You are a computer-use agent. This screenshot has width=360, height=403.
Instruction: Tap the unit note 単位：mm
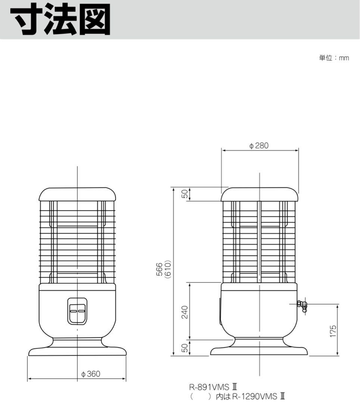334,58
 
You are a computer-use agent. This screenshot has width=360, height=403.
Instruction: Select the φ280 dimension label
259,146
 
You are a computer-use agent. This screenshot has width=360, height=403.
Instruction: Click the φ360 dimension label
91,374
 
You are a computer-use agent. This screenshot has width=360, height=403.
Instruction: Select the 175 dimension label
333,331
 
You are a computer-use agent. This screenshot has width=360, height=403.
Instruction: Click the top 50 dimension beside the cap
184,194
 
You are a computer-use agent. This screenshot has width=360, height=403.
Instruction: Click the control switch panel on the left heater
77,311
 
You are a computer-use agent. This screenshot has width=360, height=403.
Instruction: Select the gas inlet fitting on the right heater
302,306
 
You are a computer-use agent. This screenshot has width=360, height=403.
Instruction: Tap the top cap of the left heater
77,194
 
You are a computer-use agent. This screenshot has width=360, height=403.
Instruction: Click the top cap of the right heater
259,194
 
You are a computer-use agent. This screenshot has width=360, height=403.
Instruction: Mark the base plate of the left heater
77,351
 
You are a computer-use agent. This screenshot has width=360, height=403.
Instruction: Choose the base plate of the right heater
259,351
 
